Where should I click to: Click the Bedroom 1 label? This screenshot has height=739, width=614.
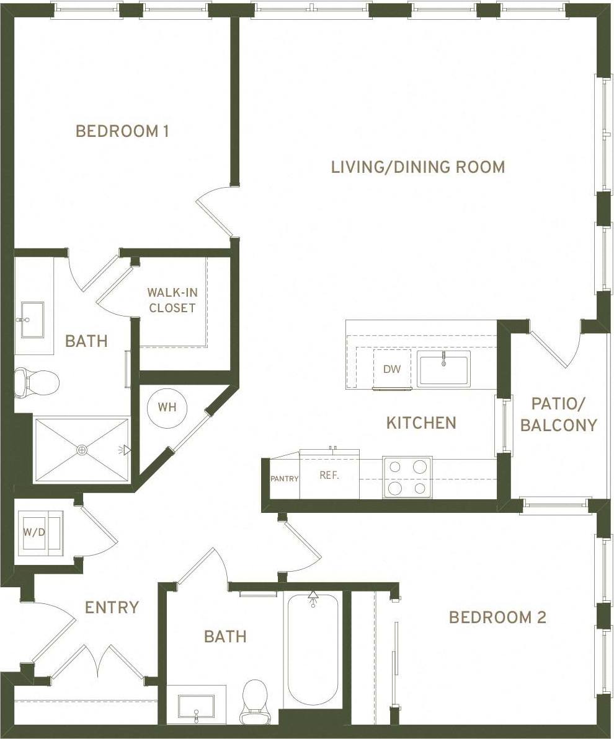(x=122, y=131)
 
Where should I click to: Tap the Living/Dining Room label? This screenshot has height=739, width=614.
(x=417, y=167)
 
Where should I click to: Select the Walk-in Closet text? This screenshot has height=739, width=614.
(x=172, y=300)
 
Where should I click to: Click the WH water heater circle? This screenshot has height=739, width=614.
(x=166, y=408)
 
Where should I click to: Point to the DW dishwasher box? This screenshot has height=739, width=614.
(x=391, y=369)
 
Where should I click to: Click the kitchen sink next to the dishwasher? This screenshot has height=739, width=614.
(x=443, y=368)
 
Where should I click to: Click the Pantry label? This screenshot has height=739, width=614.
(x=284, y=478)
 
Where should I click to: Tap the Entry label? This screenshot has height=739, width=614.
(x=112, y=607)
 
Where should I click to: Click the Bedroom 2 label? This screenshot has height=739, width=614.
(x=497, y=618)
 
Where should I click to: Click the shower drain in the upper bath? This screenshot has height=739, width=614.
(x=82, y=450)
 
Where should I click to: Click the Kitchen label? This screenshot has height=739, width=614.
(x=421, y=423)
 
